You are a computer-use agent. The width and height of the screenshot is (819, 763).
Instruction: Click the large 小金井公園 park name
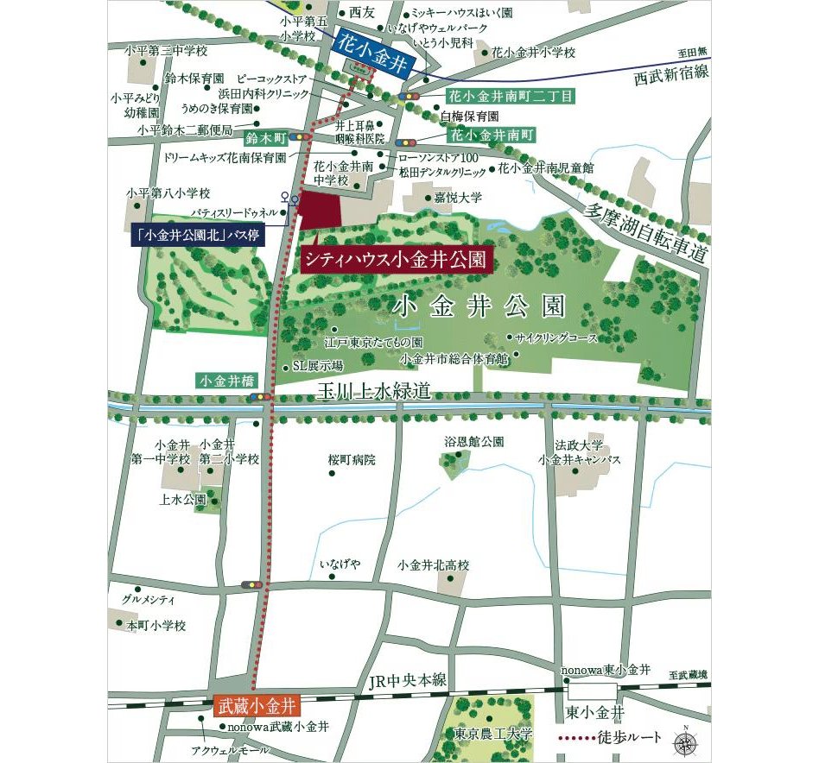tap(479, 306)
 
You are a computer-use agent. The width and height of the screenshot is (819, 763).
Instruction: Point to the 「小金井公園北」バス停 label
tap(200, 234)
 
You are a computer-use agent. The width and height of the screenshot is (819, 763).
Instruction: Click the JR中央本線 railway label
tap(407, 681)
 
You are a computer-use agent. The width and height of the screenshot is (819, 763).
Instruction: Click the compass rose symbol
tap(685, 739)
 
